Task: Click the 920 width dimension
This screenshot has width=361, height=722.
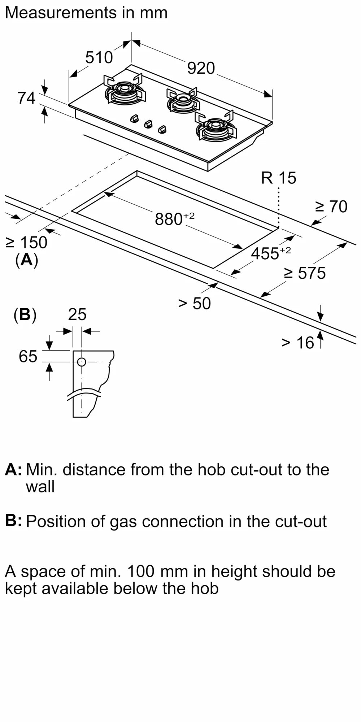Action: tap(201, 68)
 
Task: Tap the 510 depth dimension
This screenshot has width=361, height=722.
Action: tap(99, 57)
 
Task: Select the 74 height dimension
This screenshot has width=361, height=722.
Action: tap(26, 98)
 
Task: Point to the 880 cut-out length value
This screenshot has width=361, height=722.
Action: tap(169, 219)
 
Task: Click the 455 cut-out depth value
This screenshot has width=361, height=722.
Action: tap(265, 253)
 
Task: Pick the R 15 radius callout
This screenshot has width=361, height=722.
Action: tap(278, 178)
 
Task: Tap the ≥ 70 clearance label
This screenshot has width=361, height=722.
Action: tap(331, 206)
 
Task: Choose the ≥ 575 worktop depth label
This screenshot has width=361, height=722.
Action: tap(305, 273)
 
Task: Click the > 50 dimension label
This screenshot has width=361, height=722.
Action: tap(194, 304)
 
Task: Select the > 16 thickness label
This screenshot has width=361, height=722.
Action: tap(297, 343)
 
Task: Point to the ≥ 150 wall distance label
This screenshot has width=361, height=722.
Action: tap(26, 243)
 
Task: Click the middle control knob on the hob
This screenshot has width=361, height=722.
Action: tap(148, 124)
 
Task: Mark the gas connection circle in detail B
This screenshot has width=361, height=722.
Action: tap(82, 362)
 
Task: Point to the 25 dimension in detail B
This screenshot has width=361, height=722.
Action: tap(77, 314)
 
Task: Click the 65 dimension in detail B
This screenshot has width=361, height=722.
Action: tap(28, 357)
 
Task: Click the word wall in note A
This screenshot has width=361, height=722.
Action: tap(40, 487)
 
